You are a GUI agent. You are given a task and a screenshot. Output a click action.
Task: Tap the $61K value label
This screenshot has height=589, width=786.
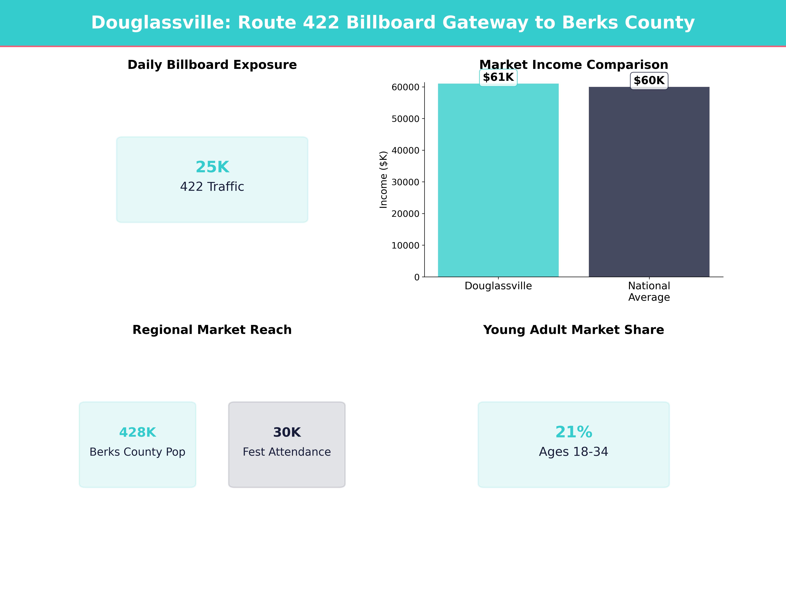(x=498, y=77)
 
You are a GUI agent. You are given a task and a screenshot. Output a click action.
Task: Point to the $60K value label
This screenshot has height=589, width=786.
(x=649, y=81)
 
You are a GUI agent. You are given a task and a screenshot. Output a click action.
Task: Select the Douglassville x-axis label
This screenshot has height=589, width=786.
(x=498, y=286)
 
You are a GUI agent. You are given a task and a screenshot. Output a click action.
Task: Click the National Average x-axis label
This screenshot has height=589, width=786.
(x=649, y=292)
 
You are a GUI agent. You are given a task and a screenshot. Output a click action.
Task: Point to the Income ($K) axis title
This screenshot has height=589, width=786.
(x=383, y=180)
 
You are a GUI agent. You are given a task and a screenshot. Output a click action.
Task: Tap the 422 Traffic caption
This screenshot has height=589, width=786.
(x=212, y=186)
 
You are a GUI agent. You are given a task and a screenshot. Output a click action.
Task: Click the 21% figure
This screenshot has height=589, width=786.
(x=573, y=432)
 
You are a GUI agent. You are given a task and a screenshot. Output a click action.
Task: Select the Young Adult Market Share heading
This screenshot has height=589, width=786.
(x=573, y=330)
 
